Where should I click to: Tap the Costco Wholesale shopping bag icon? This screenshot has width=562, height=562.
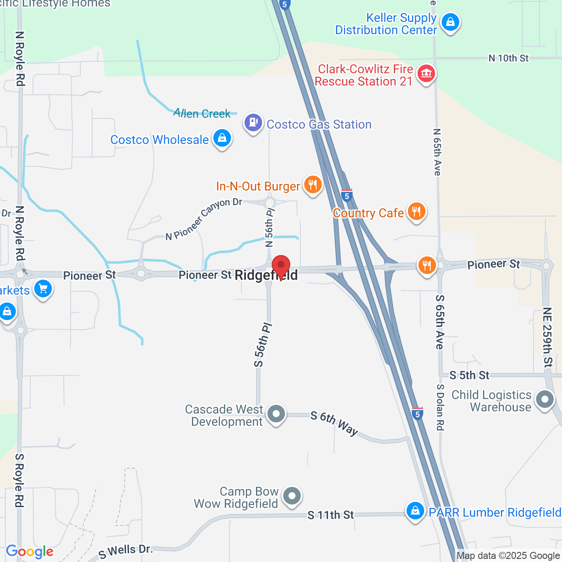(222, 138)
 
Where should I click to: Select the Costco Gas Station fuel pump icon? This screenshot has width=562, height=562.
(253, 122)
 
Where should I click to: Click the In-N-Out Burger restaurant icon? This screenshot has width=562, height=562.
(313, 185)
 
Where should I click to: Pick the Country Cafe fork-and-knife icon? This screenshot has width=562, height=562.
(416, 212)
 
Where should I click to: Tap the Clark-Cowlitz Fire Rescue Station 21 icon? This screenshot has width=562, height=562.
(426, 73)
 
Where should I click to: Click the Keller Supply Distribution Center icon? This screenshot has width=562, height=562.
(450, 22)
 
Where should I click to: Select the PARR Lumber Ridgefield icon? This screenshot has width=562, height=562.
(415, 511)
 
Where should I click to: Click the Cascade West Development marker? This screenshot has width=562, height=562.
(276, 414)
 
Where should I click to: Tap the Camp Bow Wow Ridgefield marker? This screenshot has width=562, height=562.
(292, 497)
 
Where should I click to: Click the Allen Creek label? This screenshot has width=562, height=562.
(202, 113)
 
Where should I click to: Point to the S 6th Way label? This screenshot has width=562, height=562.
(334, 423)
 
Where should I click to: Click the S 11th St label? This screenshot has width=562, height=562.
(331, 515)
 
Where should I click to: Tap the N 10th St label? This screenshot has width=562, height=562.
(508, 58)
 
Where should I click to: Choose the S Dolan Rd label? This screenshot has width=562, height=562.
(440, 407)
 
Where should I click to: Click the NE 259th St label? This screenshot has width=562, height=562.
(547, 337)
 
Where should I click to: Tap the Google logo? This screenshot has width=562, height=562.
(29, 551)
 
